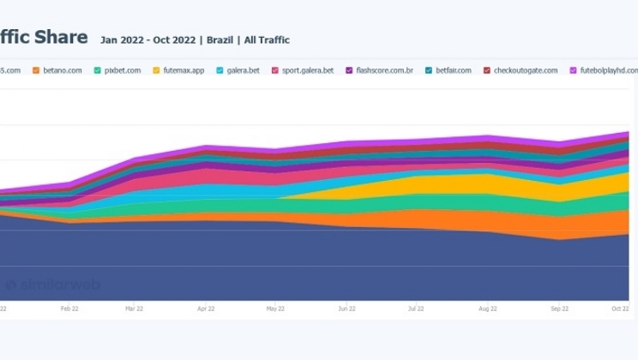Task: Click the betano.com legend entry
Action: pyautogui.click(x=61, y=70)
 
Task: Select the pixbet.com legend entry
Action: pyautogui.click(x=123, y=70)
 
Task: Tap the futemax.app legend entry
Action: pyautogui.click(x=184, y=70)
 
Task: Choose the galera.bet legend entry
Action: pyautogui.click(x=243, y=70)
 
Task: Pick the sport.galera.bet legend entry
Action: pyautogui.click(x=307, y=70)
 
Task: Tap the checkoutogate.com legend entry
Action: pyautogui.click(x=525, y=70)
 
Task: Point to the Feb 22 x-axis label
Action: pyautogui.click(x=69, y=308)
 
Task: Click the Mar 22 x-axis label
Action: pyautogui.click(x=134, y=308)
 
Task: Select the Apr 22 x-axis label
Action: pyautogui.click(x=205, y=308)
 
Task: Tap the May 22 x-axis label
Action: pyautogui.click(x=275, y=308)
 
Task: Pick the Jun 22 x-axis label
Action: pyautogui.click(x=346, y=308)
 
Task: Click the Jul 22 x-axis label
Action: pyautogui.click(x=417, y=308)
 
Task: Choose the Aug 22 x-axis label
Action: pyautogui.click(x=487, y=308)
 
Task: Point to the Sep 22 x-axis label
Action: pyautogui.click(x=559, y=308)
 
